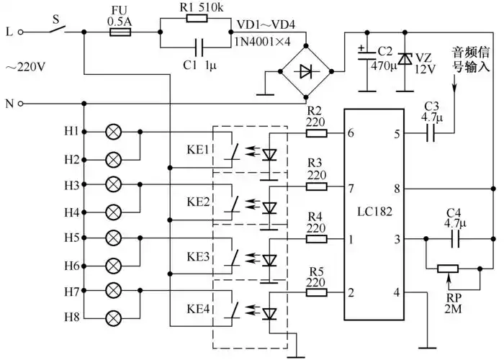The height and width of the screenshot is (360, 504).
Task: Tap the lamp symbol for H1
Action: coord(113,132)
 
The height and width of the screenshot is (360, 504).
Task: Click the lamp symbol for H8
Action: coord(113,317)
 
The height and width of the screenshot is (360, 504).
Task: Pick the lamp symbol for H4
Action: coord(113,212)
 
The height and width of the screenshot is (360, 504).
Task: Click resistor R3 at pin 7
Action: coord(316,186)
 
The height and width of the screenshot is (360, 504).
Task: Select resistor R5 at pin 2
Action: coord(316,292)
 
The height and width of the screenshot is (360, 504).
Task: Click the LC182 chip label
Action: coord(373,213)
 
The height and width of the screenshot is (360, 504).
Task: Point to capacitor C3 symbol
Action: coord(432,132)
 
